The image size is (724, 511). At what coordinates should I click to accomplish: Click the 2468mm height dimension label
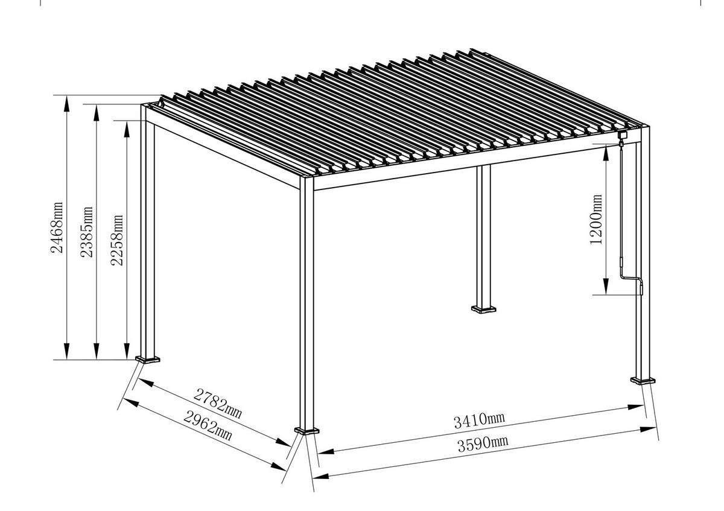pyautogui.click(x=57, y=227)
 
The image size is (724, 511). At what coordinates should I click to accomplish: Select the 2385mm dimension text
pyautogui.click(x=87, y=232)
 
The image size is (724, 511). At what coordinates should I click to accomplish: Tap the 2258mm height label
pyautogui.click(x=118, y=240)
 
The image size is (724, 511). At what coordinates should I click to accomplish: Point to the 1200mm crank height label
pyautogui.click(x=597, y=218)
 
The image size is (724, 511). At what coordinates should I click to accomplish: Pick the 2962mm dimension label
pyautogui.click(x=208, y=425)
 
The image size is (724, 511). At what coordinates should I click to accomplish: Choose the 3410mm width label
pyautogui.click(x=480, y=420)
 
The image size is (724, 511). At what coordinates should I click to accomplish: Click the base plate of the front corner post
pyautogui.click(x=307, y=431)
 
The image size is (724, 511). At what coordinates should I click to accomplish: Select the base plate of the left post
pyautogui.click(x=148, y=360)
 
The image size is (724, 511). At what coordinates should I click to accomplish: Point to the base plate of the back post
pyautogui.click(x=484, y=310)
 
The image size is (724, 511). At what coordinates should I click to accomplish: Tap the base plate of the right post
pyautogui.click(x=643, y=380)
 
